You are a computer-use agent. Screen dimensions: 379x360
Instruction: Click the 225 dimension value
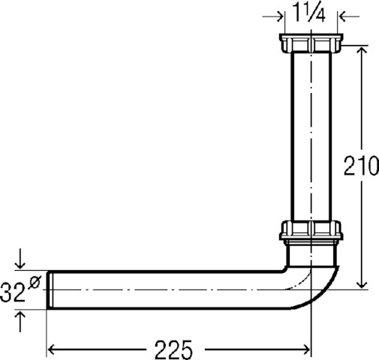point(173,349)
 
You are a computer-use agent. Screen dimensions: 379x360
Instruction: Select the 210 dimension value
point(361,165)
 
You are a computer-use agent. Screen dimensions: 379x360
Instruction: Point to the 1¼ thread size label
point(309,13)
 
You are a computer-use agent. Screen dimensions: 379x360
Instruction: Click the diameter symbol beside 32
point(35,282)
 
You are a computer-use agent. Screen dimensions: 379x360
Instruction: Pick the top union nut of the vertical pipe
point(311,43)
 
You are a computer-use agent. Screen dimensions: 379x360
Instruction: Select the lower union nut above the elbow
point(311,229)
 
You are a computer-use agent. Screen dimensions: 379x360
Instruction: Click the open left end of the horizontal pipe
point(50,290)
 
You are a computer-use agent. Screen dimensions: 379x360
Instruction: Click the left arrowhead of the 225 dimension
point(51,349)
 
